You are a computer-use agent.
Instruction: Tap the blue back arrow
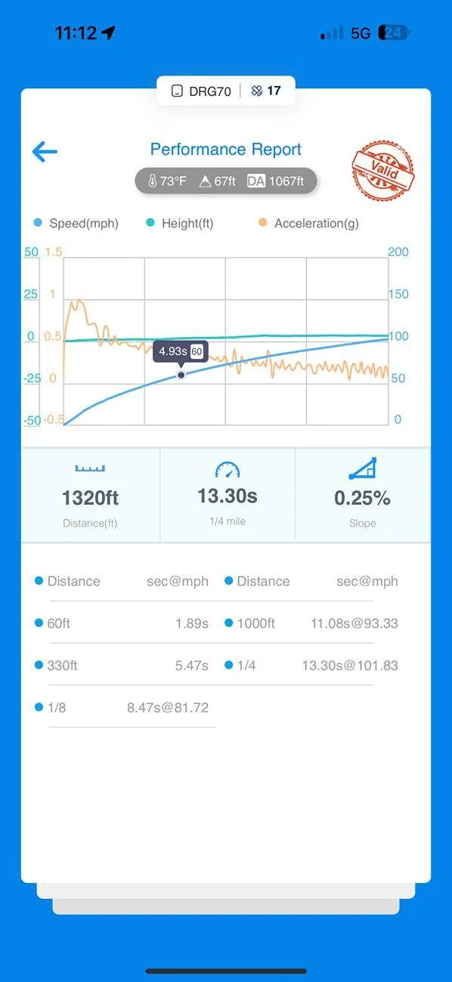click(x=45, y=152)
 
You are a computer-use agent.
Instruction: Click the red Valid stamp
click(x=382, y=170)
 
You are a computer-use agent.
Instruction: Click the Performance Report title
click(x=225, y=150)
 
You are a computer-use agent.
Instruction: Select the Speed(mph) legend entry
click(x=76, y=223)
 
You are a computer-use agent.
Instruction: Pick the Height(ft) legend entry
click(x=179, y=223)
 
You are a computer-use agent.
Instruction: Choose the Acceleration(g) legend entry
click(x=309, y=223)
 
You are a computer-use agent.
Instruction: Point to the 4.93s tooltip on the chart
click(x=181, y=351)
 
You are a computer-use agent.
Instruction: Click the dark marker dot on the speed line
click(x=181, y=375)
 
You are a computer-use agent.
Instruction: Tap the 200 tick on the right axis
click(x=398, y=252)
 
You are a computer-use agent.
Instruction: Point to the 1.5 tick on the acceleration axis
click(x=53, y=252)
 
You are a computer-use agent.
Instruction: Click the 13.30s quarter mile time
click(x=228, y=496)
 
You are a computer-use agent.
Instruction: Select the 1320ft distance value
click(x=90, y=498)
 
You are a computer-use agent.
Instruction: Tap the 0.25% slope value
click(x=363, y=498)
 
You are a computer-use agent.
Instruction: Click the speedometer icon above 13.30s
click(x=228, y=470)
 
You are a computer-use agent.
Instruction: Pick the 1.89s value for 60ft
click(x=192, y=623)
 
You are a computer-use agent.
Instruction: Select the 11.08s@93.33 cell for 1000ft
click(x=354, y=623)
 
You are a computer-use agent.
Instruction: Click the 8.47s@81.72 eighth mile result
click(x=168, y=708)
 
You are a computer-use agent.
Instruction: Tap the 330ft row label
click(x=62, y=665)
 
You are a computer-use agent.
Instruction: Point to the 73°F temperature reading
click(x=168, y=181)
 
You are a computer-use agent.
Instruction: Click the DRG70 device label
click(x=210, y=91)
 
